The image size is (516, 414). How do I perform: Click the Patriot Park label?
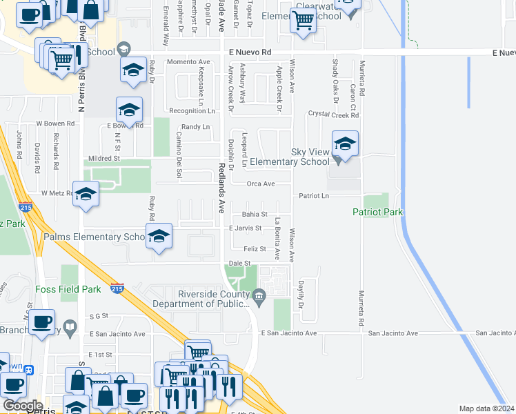(x=377, y=213)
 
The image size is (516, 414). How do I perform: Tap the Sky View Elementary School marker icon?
(x=345, y=144)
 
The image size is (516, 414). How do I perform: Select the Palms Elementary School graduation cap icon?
(x=159, y=237)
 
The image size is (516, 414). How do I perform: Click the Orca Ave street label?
(x=261, y=184)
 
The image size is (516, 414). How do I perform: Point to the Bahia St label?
(x=255, y=215)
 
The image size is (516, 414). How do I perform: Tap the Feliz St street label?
(x=255, y=248)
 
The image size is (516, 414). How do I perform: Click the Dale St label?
(x=239, y=264)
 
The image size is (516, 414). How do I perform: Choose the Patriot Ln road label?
(x=315, y=196)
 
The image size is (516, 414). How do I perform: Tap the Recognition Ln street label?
(x=192, y=110)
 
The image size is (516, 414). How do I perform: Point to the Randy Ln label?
(x=195, y=127)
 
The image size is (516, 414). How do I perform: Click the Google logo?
(x=21, y=406)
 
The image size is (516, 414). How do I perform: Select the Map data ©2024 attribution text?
(x=486, y=408)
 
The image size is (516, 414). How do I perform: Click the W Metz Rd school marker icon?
(x=86, y=195)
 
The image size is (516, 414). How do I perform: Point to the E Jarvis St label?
(x=246, y=228)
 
